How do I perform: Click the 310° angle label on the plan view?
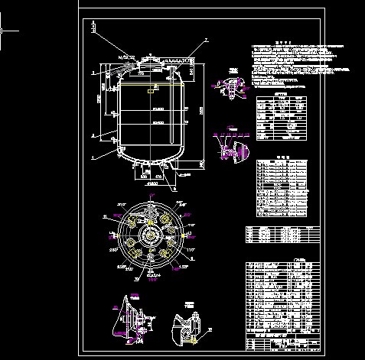tap(120, 206)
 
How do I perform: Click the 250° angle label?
tap(115, 250)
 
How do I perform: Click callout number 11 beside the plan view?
tap(105, 218)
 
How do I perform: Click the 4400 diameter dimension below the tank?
tap(151, 183)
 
